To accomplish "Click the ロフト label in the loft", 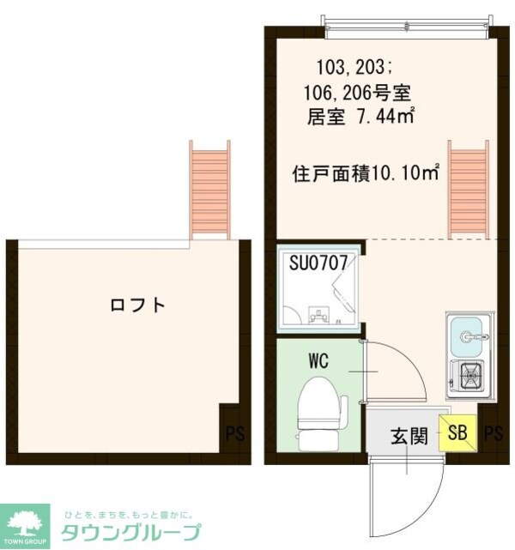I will pos(136,305).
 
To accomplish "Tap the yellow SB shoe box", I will pos(456,433).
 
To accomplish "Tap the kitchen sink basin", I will pos(467,335).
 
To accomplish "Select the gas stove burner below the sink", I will pos(469,375).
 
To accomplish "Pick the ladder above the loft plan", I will pos(209,190).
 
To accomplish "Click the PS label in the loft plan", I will pos(234,433).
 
